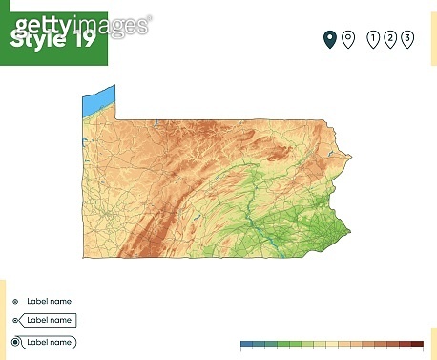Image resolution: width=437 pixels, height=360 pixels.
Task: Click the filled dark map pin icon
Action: coord(329,38)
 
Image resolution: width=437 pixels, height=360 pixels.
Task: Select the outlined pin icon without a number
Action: coord(348,38)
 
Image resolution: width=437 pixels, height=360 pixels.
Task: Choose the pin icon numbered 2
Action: coord(390,38)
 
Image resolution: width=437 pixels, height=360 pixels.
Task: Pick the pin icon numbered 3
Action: coord(407,38)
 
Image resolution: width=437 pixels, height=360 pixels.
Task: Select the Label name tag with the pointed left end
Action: coord(48,320)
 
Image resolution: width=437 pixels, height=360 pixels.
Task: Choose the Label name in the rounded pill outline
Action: coord(48,341)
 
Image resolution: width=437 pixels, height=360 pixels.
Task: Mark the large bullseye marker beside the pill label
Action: coord(15,341)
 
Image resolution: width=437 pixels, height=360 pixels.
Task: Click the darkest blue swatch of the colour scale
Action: coord(246,343)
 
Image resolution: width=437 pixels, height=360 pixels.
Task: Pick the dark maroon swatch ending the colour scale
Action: coord(417,343)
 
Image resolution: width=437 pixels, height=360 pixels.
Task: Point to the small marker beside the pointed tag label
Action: coord(15,320)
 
